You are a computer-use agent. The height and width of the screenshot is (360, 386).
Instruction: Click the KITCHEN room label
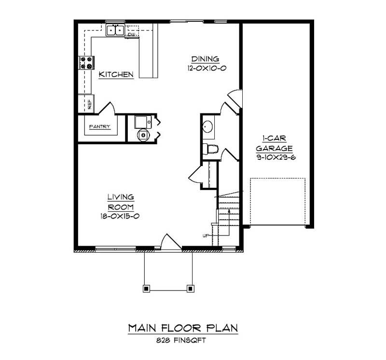click(116, 74)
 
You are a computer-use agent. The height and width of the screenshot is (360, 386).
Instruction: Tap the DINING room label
click(206, 59)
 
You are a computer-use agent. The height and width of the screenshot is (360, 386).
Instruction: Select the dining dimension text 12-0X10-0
click(207, 68)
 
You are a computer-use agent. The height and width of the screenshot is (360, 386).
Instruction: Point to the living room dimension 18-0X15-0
click(120, 216)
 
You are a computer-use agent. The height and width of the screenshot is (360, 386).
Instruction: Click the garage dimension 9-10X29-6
click(276, 157)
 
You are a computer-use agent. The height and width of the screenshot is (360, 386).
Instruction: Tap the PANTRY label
click(100, 126)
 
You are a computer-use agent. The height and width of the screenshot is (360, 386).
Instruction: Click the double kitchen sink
click(115, 30)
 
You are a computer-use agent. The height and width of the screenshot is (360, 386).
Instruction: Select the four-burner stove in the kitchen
click(86, 63)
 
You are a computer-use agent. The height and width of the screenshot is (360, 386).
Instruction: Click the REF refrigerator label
click(90, 104)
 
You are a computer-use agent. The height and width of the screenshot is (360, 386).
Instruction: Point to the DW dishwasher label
click(131, 34)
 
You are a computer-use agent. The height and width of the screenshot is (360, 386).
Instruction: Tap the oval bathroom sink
click(207, 126)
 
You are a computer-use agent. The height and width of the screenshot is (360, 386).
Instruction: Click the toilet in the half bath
click(210, 149)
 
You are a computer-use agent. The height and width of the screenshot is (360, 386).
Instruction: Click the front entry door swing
click(171, 242)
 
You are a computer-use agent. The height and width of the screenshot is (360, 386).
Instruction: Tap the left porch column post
click(146, 289)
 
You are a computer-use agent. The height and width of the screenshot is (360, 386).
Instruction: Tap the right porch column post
click(190, 289)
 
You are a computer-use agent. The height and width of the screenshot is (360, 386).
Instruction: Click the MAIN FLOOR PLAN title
click(183, 328)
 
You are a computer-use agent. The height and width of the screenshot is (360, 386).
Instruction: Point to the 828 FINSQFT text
click(181, 341)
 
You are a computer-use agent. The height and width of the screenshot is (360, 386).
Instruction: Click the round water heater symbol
click(143, 135)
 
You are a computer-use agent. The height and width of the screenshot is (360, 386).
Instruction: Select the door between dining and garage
click(235, 98)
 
